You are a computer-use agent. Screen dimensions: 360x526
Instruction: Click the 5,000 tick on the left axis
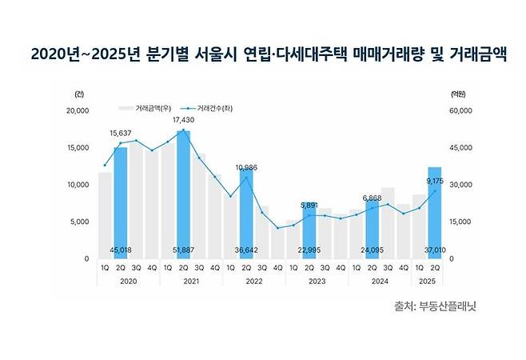[x=80, y=222]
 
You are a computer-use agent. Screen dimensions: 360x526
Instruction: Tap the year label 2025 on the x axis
[x=428, y=281]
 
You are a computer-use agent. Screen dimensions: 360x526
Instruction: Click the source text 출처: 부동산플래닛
[x=440, y=306]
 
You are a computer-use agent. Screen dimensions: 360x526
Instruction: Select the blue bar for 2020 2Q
[x=120, y=200]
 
